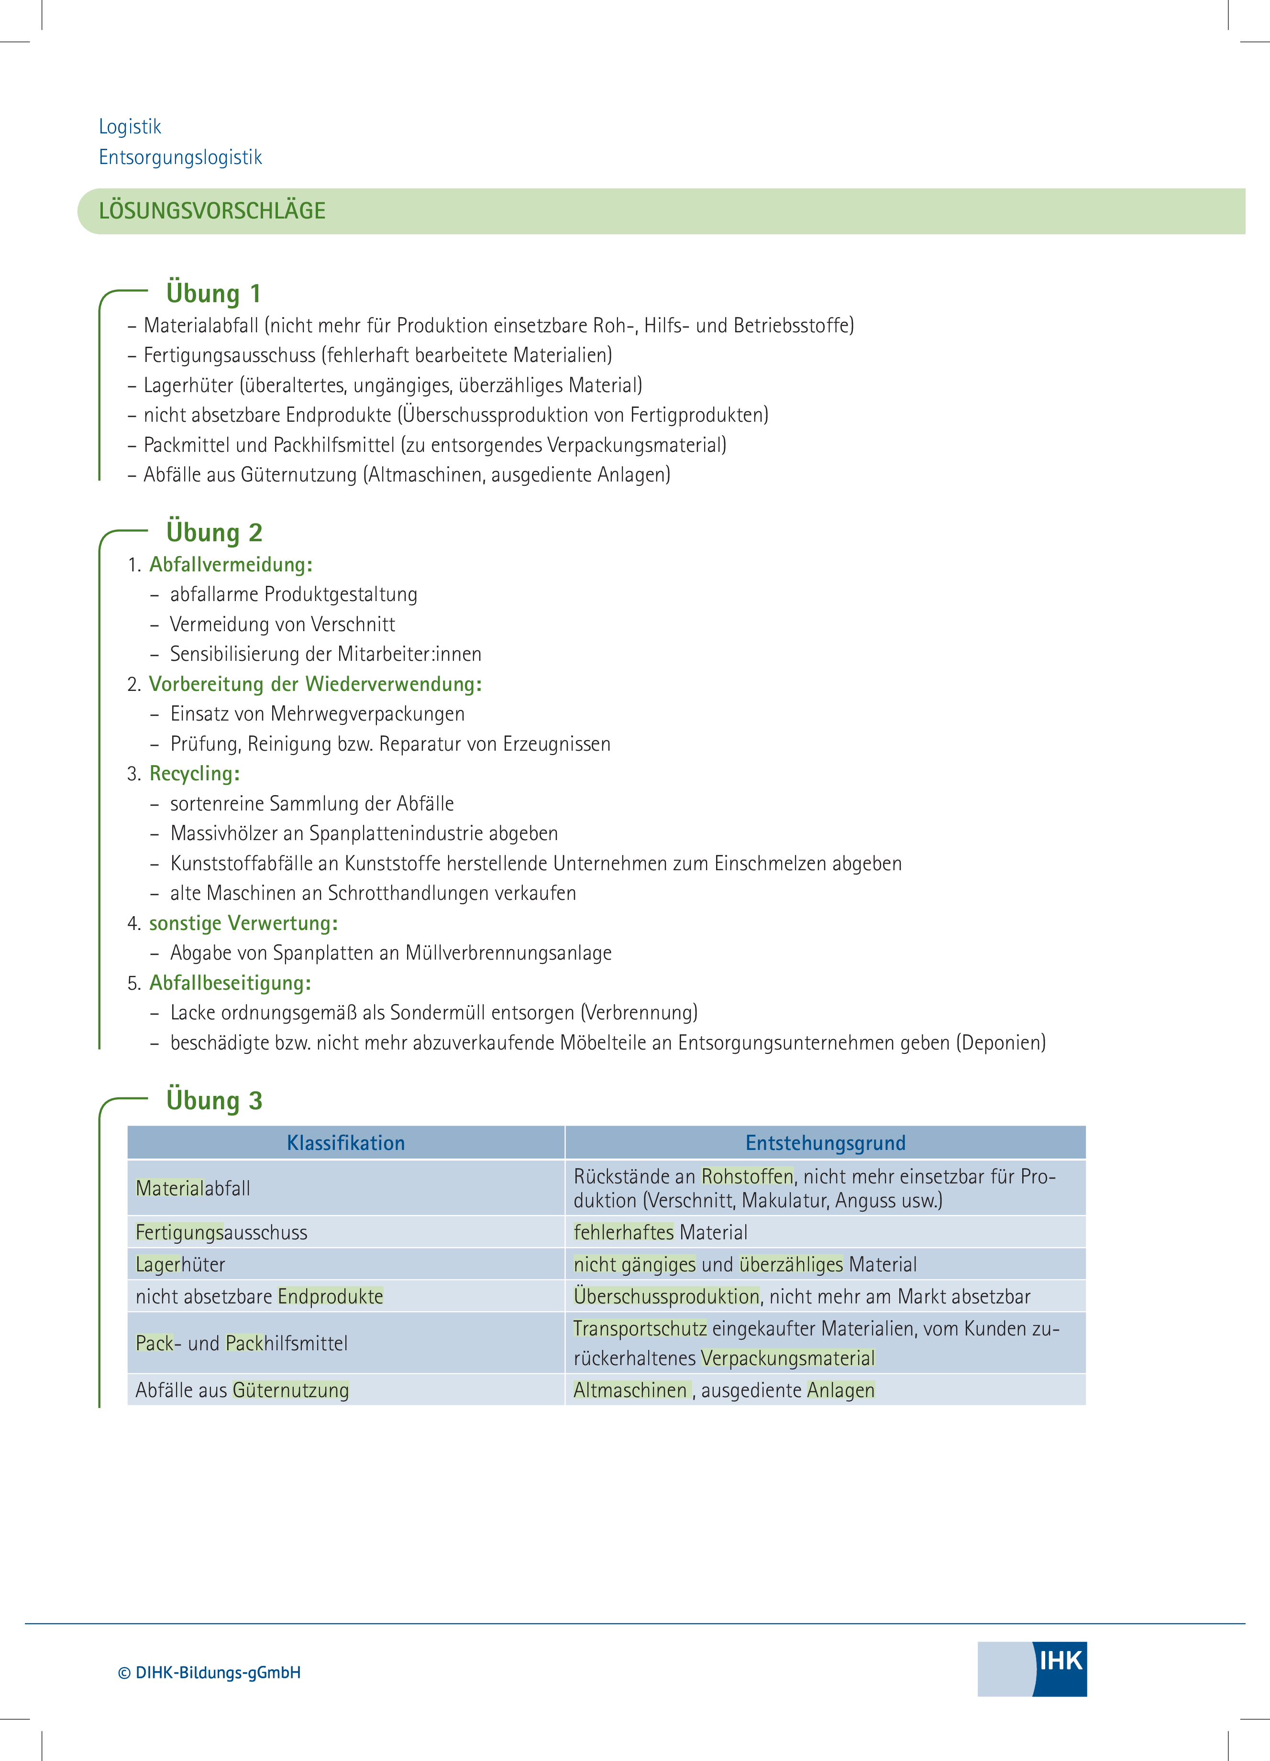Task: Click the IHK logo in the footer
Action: [x=1032, y=1669]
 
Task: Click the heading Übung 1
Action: [x=214, y=294]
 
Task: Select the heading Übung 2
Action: [x=214, y=533]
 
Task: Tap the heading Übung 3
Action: [x=214, y=1100]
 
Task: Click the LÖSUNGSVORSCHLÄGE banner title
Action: [x=212, y=210]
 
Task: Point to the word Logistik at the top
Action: [x=130, y=127]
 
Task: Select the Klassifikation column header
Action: [x=346, y=1143]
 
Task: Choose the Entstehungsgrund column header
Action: [x=826, y=1143]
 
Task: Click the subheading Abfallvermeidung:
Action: [x=231, y=565]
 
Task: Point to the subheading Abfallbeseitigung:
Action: [x=230, y=983]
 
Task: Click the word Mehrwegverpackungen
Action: [x=368, y=714]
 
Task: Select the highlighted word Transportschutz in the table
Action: [x=640, y=1328]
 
